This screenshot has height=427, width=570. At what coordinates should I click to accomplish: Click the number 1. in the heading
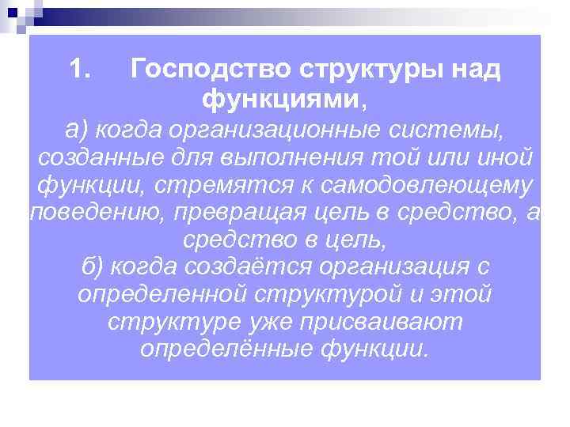pos(82,70)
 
